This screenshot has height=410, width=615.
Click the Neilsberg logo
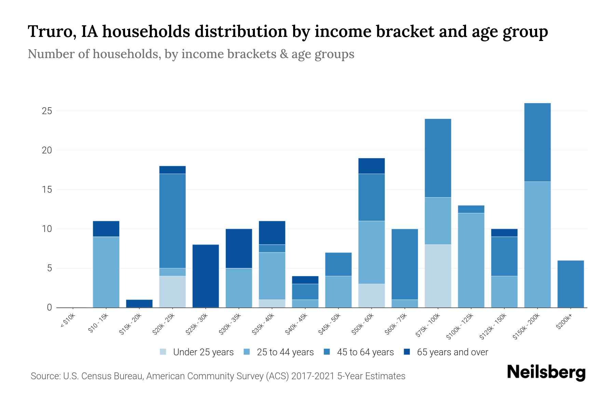(546, 372)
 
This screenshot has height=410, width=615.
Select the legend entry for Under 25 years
(196, 352)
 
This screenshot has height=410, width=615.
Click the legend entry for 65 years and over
(446, 352)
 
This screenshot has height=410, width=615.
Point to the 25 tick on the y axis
(47, 111)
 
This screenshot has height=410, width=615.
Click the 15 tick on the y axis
(47, 190)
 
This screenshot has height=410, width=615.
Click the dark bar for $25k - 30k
(206, 276)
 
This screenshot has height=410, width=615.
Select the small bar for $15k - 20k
(139, 303)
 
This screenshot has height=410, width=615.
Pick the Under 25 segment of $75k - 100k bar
(438, 276)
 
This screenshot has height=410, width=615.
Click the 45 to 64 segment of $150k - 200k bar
(537, 142)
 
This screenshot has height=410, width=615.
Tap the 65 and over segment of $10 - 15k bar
(106, 229)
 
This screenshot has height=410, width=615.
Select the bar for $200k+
(571, 284)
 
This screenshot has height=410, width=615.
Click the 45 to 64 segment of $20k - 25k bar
(173, 221)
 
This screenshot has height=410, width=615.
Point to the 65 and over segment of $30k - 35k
(239, 248)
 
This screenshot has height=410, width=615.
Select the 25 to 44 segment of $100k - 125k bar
(471, 260)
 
